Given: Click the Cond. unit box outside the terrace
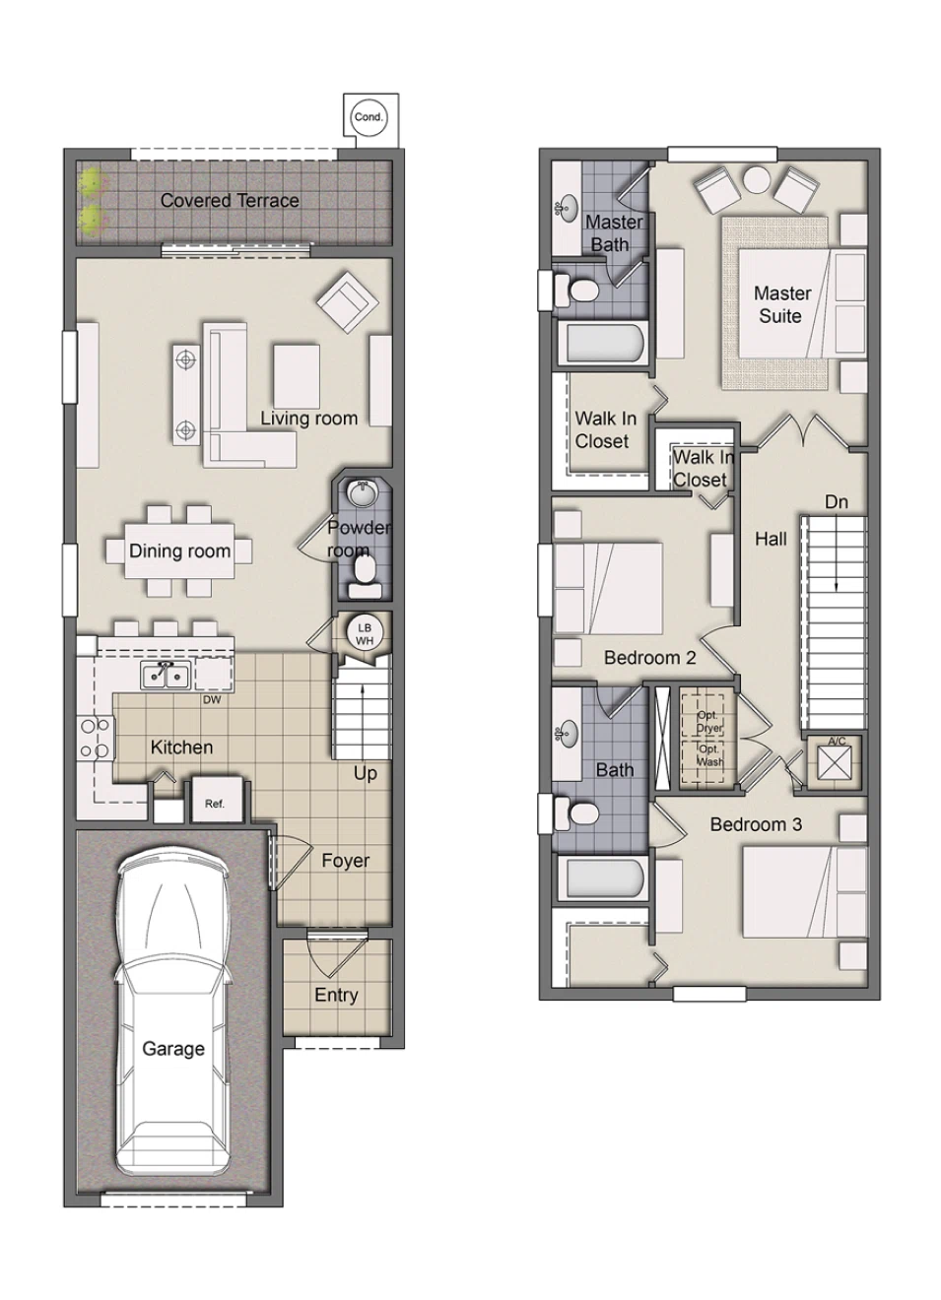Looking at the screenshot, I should tap(369, 117).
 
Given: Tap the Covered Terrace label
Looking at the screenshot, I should tap(230, 200).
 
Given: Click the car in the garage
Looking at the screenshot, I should tap(172, 1014).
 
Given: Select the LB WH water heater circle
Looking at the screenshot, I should tap(365, 634).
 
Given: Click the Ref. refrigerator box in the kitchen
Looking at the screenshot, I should tap(215, 803).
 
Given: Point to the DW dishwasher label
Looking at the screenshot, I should tap(212, 700).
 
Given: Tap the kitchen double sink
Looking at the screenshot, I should tap(165, 676).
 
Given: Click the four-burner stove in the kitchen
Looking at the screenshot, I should tap(95, 739).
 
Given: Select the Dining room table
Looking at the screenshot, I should tap(180, 552).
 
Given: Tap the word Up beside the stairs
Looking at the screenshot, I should tap(365, 773).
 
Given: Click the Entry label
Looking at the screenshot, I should tap(336, 995).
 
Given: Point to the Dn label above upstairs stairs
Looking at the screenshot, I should tap(836, 502).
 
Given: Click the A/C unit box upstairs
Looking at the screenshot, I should tap(836, 763).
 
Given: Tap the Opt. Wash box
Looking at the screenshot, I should tap(707, 756).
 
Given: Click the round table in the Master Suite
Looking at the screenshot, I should tap(757, 181).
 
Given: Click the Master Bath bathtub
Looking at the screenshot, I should tap(604, 345).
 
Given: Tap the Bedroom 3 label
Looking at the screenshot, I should tap(756, 824).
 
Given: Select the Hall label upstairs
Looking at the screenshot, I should tap(771, 539).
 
